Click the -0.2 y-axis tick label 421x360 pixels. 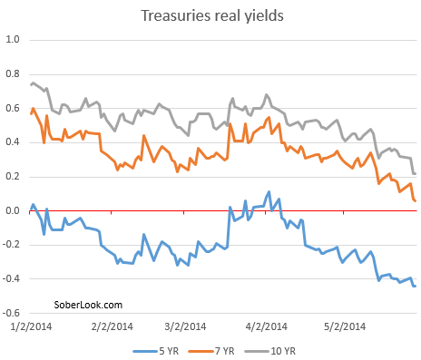coord(12,245)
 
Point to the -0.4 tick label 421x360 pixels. coord(12,279)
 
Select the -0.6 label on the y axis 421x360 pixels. coord(12,314)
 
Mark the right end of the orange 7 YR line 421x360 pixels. coord(416,200)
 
